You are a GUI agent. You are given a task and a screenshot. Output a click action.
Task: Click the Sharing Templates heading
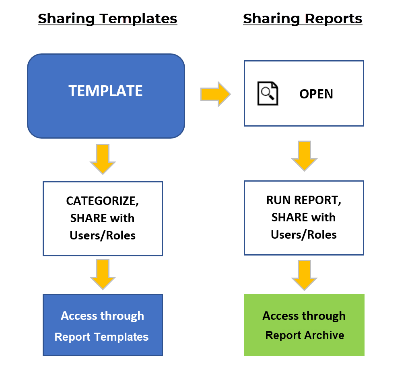tap(107, 18)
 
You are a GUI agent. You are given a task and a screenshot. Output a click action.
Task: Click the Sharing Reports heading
tap(303, 18)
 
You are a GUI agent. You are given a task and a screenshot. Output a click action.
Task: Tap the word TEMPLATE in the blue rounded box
tap(105, 91)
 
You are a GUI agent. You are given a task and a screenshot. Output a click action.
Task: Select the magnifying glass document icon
tap(267, 94)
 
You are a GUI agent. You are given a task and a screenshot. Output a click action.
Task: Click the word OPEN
tap(316, 94)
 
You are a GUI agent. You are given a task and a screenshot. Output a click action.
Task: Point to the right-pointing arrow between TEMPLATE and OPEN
tap(215, 94)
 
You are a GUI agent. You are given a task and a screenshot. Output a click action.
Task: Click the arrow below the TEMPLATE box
tap(103, 159)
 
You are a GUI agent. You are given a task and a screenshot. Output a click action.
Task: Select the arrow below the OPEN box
tap(304, 156)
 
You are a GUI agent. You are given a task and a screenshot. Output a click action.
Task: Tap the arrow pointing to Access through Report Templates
tap(103, 274)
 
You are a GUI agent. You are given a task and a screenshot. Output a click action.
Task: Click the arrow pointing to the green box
tap(304, 275)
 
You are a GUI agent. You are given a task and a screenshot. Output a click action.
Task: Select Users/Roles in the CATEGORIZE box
tap(103, 235)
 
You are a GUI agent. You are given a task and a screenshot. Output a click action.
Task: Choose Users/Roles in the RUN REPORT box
tap(304, 235)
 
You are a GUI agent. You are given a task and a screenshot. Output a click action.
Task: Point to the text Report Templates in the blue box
tap(101, 337)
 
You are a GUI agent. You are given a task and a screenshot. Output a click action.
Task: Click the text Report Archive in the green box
tap(305, 335)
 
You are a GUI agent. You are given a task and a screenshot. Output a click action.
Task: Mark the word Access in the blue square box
tap(78, 316)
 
